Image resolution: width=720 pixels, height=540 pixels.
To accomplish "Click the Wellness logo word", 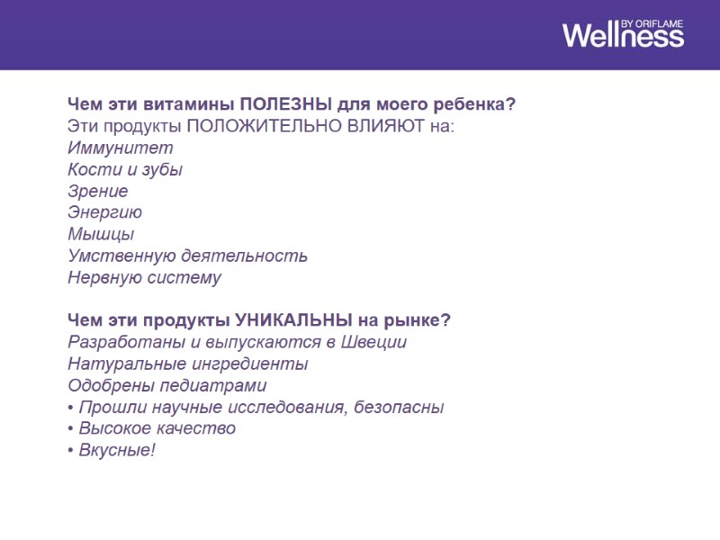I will [x=623, y=36].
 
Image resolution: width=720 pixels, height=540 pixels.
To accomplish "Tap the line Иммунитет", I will [x=121, y=148].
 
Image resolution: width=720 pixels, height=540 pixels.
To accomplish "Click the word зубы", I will [x=163, y=169].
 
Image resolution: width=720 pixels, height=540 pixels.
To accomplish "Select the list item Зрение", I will [x=97, y=191].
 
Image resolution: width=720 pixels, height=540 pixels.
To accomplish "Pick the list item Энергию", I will [x=104, y=212].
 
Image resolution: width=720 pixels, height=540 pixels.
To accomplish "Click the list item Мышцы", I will [x=101, y=234].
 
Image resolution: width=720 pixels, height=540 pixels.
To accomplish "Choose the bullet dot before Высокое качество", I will [x=71, y=428].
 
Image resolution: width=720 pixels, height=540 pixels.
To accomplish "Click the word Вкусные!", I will [x=117, y=450].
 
